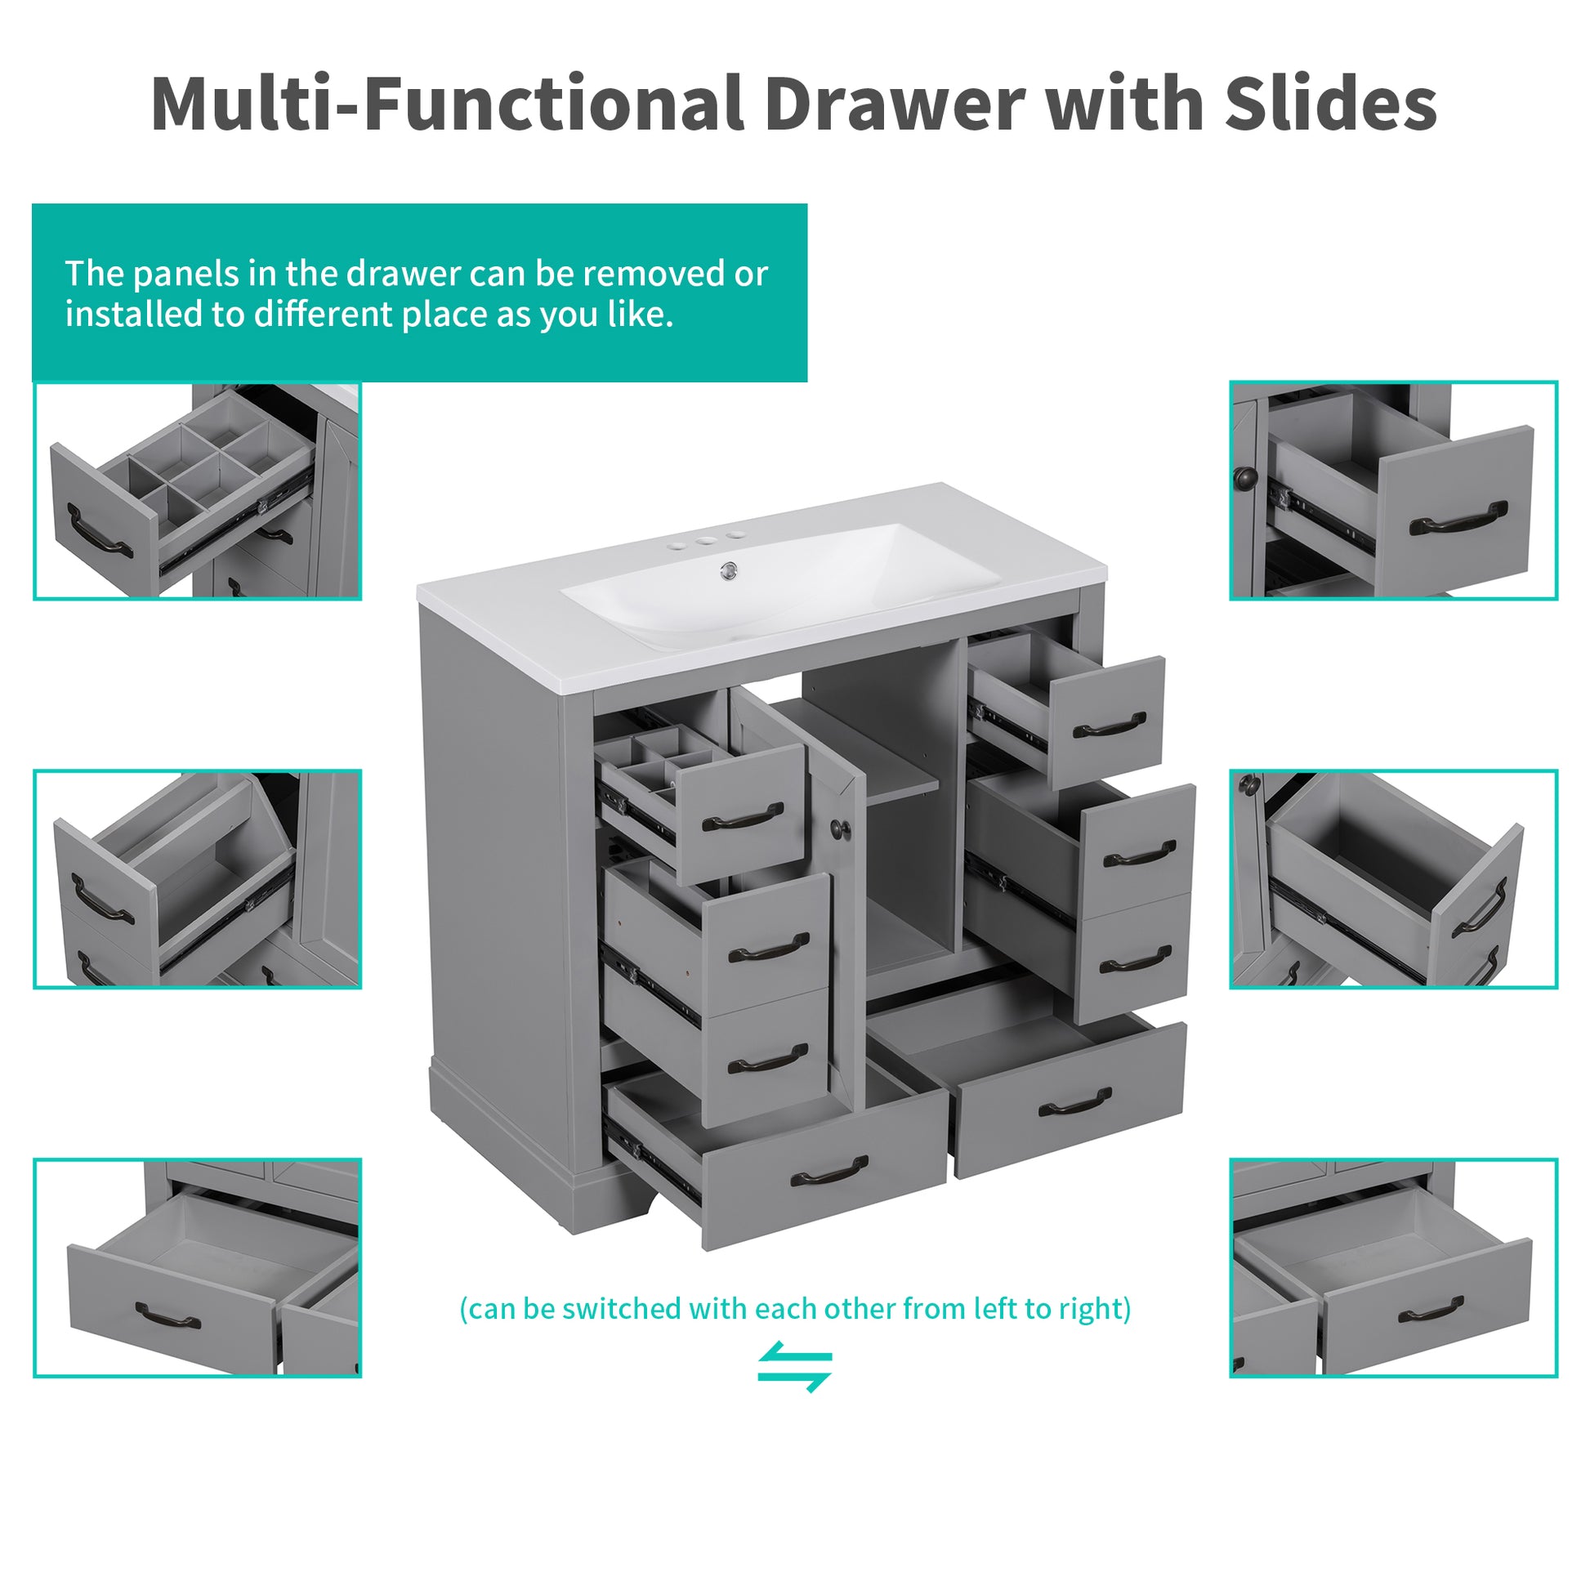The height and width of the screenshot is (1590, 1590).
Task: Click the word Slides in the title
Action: point(1330,105)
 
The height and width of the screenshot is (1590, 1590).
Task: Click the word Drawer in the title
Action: point(895,105)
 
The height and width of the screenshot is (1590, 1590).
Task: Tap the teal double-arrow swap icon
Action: point(795,1367)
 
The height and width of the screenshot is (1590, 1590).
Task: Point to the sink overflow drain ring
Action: point(728,569)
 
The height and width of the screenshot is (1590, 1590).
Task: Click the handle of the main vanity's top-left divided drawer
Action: point(743,818)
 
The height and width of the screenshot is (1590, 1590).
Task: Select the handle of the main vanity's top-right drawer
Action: point(1110,725)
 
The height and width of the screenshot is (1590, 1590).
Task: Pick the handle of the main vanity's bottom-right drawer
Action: point(1074,1104)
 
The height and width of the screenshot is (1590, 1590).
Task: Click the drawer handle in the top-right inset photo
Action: point(1459,519)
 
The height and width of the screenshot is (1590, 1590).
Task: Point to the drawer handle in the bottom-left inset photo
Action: point(167,1318)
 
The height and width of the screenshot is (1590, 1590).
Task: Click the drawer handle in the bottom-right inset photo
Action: point(1431,1311)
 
